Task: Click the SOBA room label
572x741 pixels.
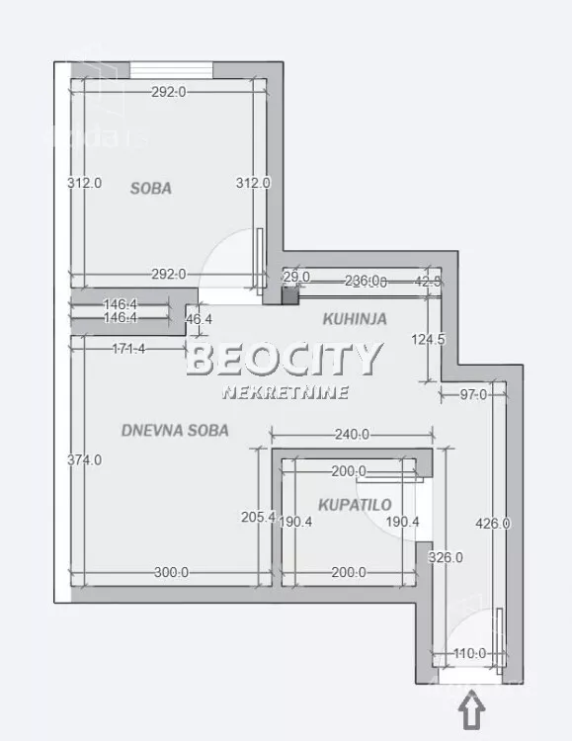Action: [x=150, y=188]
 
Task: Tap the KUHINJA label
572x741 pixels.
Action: [x=355, y=319]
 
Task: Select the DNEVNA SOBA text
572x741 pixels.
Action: [x=175, y=430]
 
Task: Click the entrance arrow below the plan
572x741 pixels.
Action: [x=473, y=709]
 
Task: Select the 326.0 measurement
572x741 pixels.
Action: [x=445, y=557]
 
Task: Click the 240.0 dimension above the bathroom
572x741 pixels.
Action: [x=352, y=434]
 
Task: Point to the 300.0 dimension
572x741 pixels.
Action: [x=171, y=572]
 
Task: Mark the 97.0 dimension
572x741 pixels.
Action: [x=474, y=395]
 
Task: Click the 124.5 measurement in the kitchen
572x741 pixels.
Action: [x=428, y=340]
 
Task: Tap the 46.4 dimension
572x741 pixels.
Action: [x=200, y=319]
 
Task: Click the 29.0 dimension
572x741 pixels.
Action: [x=297, y=277]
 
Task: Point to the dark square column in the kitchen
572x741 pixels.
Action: [x=289, y=293]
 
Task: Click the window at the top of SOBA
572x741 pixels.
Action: [x=172, y=68]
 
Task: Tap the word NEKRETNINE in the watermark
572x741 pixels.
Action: [x=286, y=392]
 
